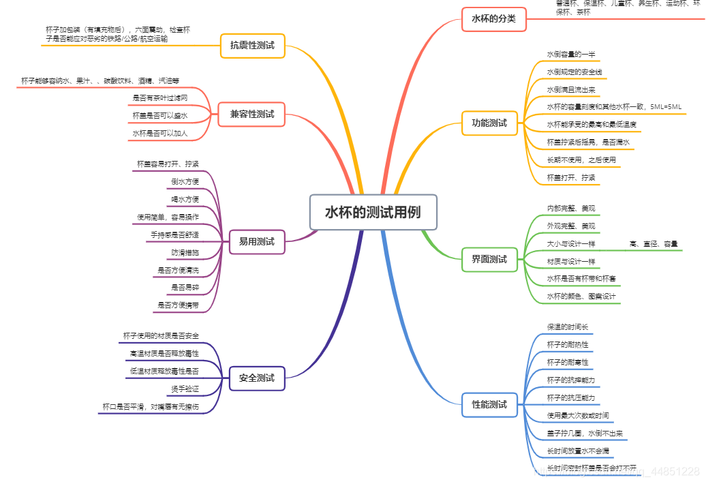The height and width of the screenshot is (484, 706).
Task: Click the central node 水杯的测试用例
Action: pyautogui.click(x=373, y=212)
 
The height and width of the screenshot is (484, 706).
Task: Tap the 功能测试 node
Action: pyautogui.click(x=489, y=123)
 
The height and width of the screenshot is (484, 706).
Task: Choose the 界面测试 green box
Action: pyautogui.click(x=489, y=259)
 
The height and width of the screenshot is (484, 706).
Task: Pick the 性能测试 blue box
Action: pyautogui.click(x=489, y=404)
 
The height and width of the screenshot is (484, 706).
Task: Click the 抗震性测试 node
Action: pyautogui.click(x=252, y=46)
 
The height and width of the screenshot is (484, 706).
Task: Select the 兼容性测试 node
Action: pyautogui.click(x=251, y=115)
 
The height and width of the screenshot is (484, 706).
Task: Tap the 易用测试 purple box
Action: pyautogui.click(x=256, y=241)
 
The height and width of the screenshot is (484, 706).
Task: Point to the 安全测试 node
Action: pyautogui.click(x=256, y=378)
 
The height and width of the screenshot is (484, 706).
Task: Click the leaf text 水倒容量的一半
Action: pyautogui.click(x=570, y=54)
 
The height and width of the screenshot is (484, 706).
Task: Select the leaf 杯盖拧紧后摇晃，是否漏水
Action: pyautogui.click(x=588, y=142)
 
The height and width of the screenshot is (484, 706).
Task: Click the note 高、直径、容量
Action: pyautogui.click(x=654, y=243)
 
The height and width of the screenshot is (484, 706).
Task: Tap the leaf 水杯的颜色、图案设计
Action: pyautogui.click(x=581, y=297)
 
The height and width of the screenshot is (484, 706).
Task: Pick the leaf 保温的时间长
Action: pyautogui.click(x=567, y=327)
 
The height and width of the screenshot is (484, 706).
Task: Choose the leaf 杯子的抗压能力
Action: pyautogui.click(x=570, y=397)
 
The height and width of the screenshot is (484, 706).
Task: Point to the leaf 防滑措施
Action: pyautogui.click(x=185, y=253)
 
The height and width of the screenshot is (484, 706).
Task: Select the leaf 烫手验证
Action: pyautogui.click(x=185, y=389)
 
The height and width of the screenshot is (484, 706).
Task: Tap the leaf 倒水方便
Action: pyautogui.click(x=185, y=181)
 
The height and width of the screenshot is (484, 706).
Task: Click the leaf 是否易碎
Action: pyautogui.click(x=185, y=288)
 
